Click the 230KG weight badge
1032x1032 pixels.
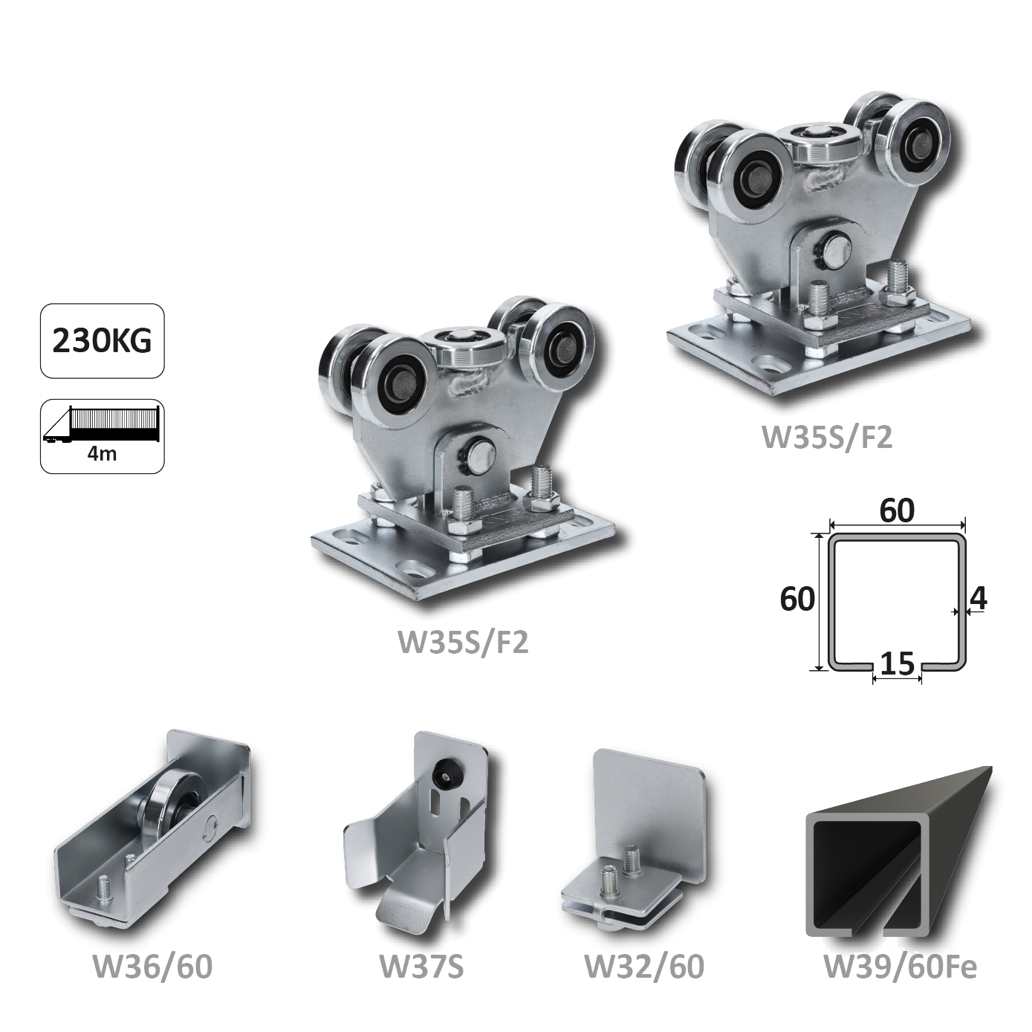(103, 341)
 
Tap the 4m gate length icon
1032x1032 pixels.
(103, 436)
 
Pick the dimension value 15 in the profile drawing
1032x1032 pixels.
(897, 665)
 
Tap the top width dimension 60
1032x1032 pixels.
(897, 511)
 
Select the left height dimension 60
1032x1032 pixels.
(797, 599)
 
